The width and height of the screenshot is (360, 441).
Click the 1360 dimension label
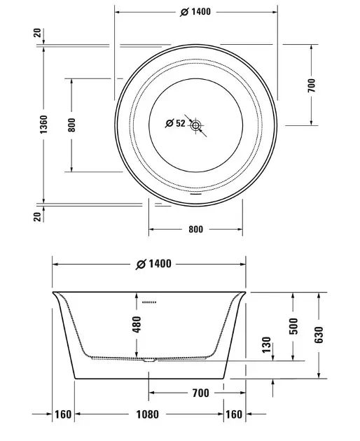(x=43, y=124)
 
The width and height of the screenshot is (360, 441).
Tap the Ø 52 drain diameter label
(x=175, y=123)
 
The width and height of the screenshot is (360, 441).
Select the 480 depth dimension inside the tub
(x=137, y=324)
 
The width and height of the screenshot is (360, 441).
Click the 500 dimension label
(x=293, y=326)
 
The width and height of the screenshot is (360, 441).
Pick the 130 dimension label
(x=266, y=344)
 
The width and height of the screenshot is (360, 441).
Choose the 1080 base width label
(x=148, y=414)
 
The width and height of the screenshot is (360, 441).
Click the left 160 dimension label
(x=63, y=414)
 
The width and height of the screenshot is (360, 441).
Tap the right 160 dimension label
(x=234, y=414)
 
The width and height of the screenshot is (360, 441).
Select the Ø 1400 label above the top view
(x=195, y=12)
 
